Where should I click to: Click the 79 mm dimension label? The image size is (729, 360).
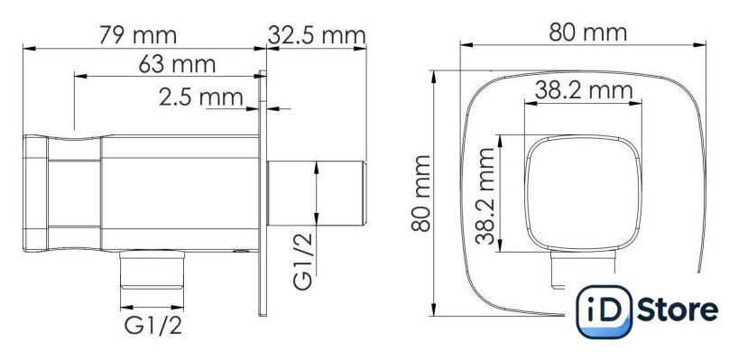click(138, 35)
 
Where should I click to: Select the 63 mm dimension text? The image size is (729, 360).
click(177, 64)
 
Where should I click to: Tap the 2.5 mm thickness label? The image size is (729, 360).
click(201, 97)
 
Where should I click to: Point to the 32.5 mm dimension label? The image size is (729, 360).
click(317, 35)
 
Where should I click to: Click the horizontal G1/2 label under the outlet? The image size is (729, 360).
click(152, 326)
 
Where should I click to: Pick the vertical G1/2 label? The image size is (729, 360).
click(304, 261)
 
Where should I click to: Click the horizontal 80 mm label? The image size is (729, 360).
click(587, 32)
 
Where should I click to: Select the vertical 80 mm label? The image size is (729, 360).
click(421, 193)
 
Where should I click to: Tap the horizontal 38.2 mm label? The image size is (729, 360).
click(584, 90)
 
